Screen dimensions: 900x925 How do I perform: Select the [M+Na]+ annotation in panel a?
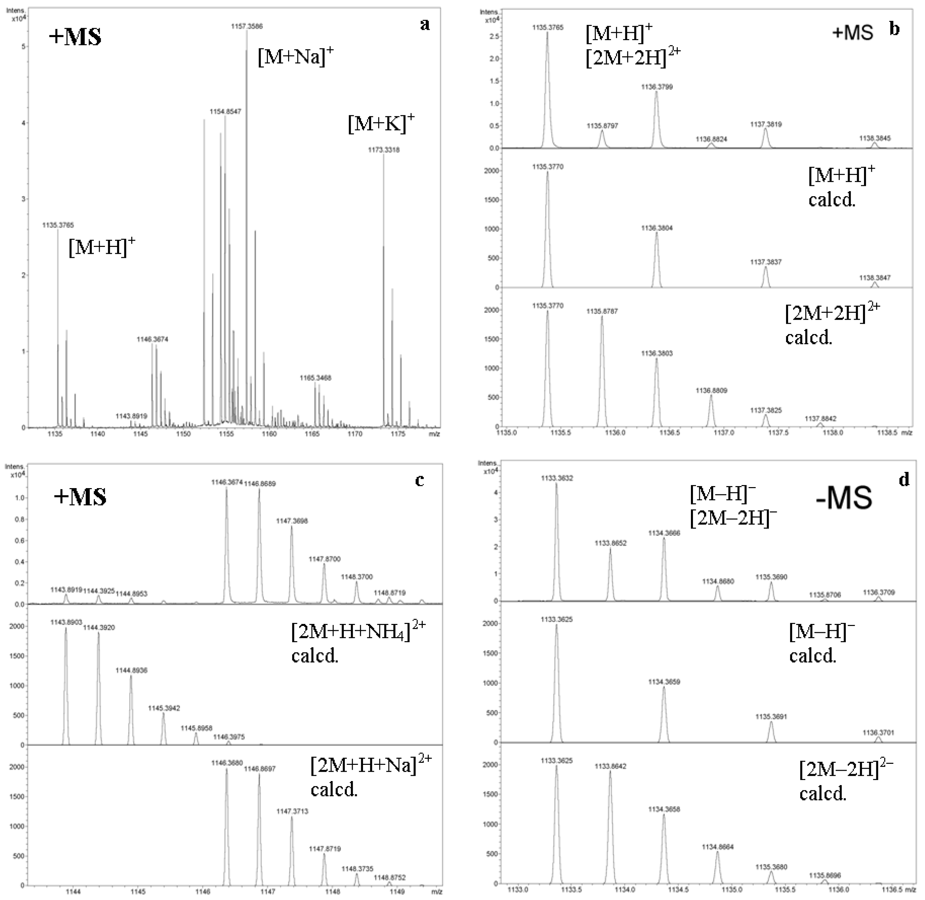(295, 58)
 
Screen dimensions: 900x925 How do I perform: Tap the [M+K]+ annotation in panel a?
(381, 124)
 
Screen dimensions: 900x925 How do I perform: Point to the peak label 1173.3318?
(384, 150)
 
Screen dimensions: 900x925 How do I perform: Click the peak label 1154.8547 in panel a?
(225, 112)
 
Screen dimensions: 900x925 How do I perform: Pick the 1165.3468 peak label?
(315, 378)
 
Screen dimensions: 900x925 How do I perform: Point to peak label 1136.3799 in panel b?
(656, 87)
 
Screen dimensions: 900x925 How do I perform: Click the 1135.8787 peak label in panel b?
(602, 311)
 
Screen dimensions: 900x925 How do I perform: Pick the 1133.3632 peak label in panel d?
(557, 478)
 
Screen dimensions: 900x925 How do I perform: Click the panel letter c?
(419, 480)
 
